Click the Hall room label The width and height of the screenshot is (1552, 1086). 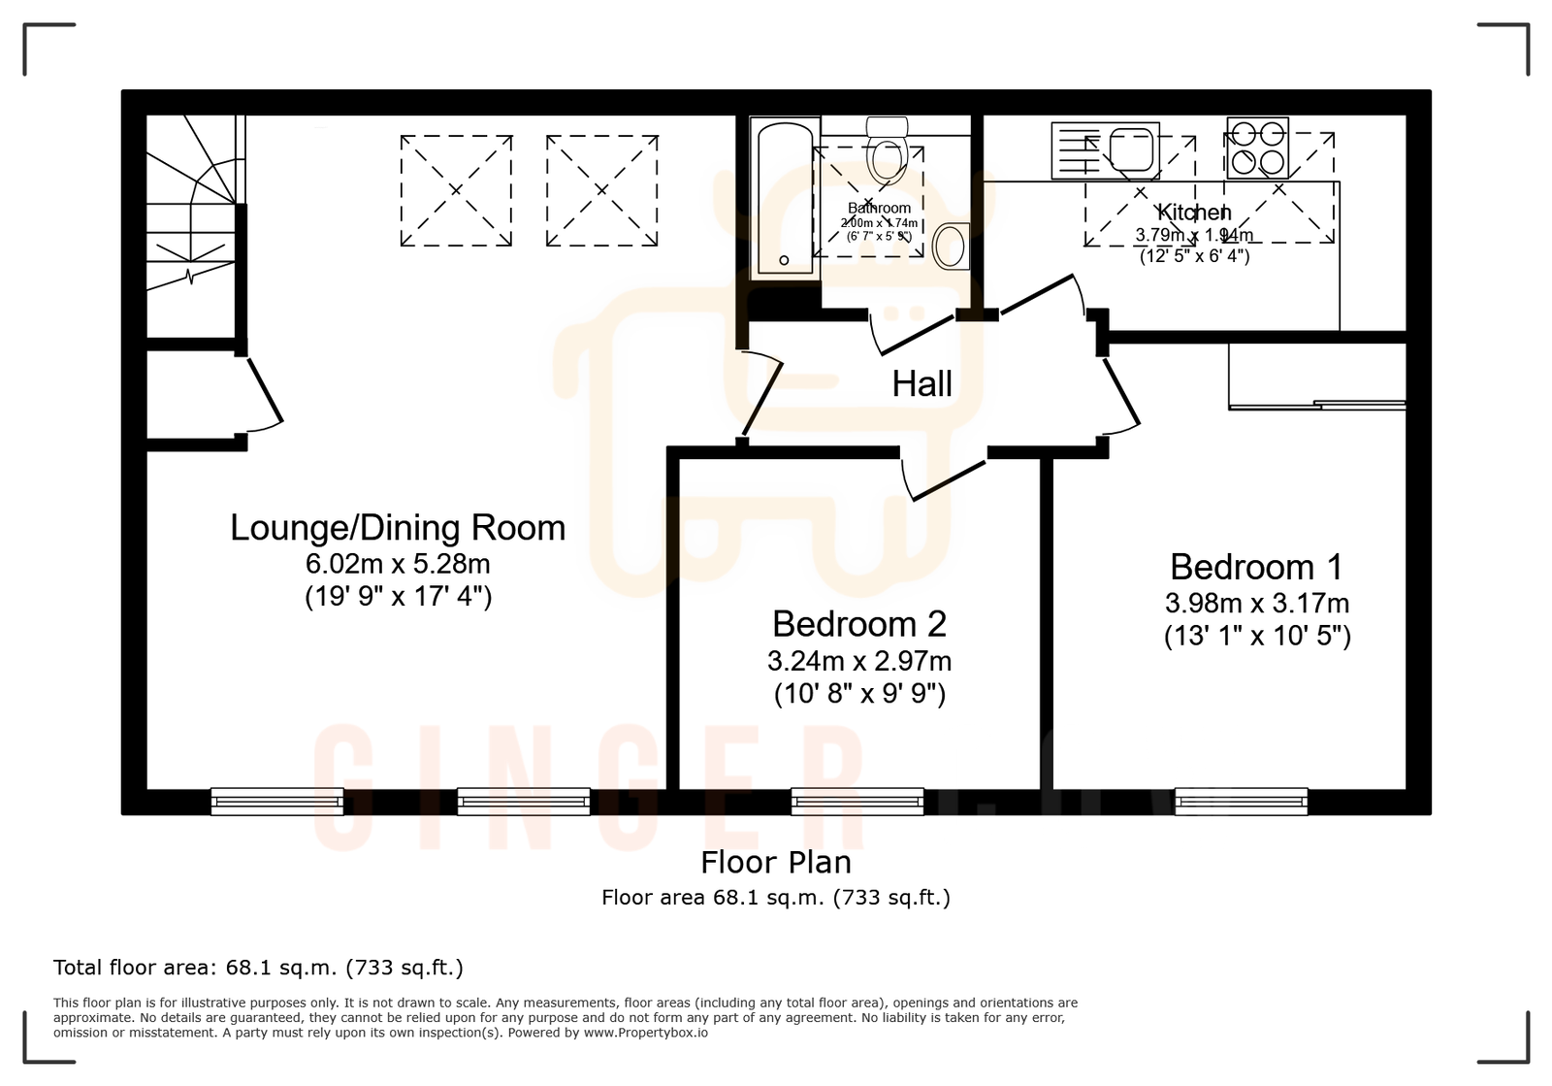pos(921,384)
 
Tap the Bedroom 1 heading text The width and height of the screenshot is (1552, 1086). pos(1256,567)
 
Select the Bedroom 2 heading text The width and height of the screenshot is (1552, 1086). pos(858,624)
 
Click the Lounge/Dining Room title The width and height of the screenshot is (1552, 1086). pos(398,528)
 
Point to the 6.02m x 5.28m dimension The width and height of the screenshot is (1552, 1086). pos(398,564)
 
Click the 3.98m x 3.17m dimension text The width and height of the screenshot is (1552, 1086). pos(1256,604)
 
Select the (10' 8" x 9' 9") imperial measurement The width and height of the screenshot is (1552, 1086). pos(858,694)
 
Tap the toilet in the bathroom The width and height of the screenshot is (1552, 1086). pos(887,150)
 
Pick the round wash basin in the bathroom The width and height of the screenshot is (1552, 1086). pos(952,247)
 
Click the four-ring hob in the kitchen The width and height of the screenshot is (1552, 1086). pos(1257,148)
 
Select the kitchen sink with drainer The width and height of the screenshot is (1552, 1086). pos(1106,150)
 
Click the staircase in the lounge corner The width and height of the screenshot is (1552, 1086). pos(191,204)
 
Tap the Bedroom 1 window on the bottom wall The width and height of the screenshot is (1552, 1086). pos(1241,802)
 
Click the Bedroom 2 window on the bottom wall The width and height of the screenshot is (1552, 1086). pos(857,802)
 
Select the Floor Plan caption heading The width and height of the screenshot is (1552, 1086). pos(776,862)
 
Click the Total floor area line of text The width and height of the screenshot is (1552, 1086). pos(258,968)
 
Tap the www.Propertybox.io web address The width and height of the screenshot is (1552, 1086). pos(645,1033)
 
